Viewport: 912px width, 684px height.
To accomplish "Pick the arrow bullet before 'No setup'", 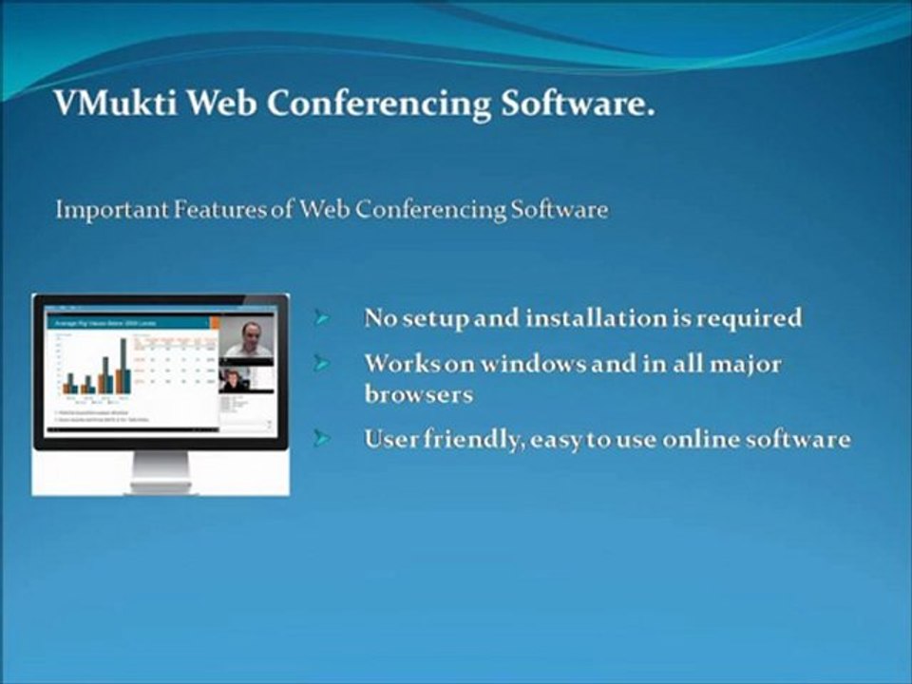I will pyautogui.click(x=323, y=318).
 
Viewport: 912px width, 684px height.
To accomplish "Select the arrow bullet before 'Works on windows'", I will pyautogui.click(x=323, y=364).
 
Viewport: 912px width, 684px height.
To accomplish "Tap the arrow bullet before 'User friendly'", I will pyautogui.click(x=323, y=439).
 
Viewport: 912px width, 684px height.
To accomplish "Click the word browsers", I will pyautogui.click(x=418, y=393).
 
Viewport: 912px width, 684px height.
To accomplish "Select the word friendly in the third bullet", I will pyautogui.click(x=469, y=440).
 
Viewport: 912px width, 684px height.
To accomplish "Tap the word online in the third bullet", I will pyautogui.click(x=713, y=440).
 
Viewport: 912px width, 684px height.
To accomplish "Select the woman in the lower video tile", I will pyautogui.click(x=232, y=380).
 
